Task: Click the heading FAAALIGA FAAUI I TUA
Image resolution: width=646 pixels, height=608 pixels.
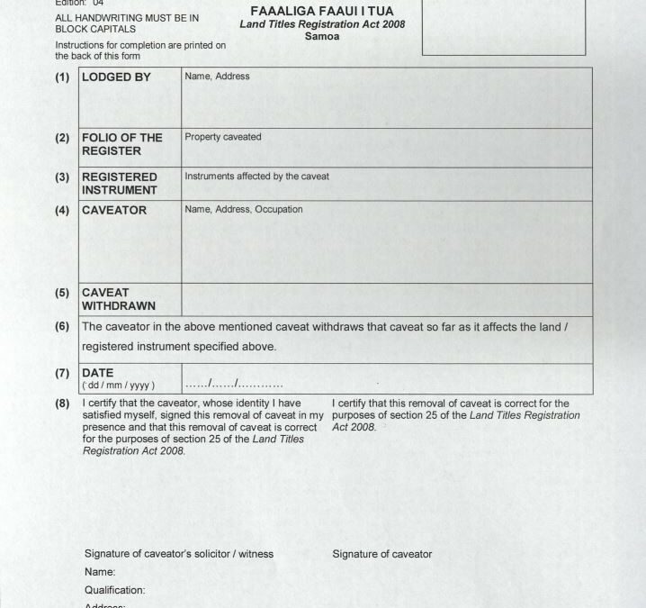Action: click(321, 12)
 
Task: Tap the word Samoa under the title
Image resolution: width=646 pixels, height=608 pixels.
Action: click(321, 37)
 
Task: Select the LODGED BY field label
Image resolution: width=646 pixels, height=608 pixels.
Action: click(116, 77)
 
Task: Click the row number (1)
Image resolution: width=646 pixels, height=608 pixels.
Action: click(62, 77)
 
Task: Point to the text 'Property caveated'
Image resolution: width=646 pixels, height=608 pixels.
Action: click(222, 137)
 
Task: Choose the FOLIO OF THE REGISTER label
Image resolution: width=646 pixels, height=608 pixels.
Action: click(121, 144)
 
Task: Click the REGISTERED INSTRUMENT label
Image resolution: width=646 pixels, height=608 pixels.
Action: click(120, 184)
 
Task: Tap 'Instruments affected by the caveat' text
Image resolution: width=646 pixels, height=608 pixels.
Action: click(256, 177)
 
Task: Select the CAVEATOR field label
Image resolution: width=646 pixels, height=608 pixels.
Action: click(114, 211)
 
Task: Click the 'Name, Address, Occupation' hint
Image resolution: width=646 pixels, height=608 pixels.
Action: click(243, 210)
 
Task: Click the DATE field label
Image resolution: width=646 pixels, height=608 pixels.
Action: click(97, 373)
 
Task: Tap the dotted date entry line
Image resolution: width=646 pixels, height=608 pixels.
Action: click(234, 384)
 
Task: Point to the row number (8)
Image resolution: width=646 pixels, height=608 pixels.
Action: click(62, 404)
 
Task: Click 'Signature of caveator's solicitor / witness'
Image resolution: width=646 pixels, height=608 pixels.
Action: click(178, 554)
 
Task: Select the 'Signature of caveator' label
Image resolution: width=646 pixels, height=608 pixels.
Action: click(381, 554)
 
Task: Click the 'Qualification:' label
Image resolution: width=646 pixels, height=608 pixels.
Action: click(114, 591)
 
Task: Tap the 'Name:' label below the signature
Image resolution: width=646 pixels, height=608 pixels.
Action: click(100, 572)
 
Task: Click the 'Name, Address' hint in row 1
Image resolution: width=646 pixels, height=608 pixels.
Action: click(217, 77)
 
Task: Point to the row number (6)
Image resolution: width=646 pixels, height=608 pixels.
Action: click(62, 326)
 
